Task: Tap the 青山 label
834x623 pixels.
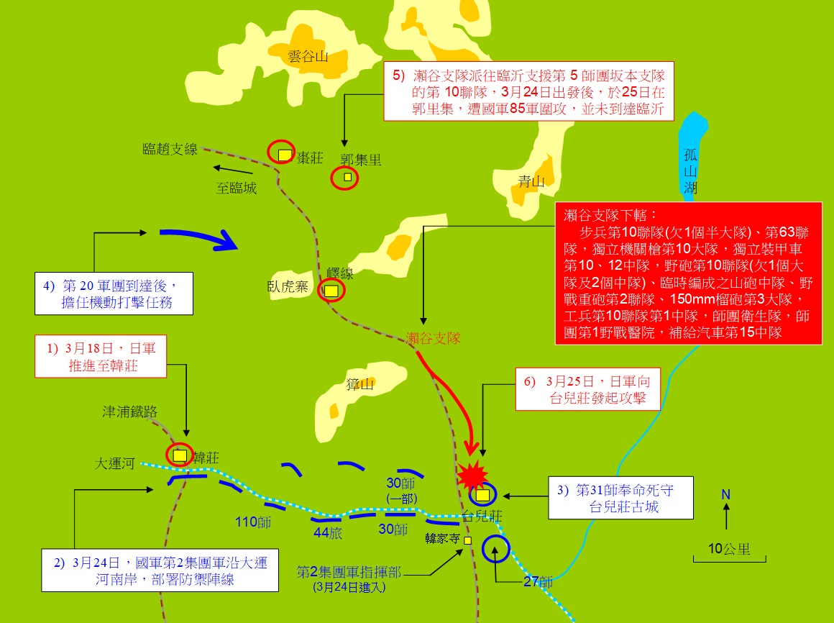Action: click(532, 182)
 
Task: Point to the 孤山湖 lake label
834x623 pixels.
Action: click(690, 171)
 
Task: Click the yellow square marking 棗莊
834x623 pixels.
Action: click(285, 154)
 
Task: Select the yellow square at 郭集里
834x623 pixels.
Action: click(348, 177)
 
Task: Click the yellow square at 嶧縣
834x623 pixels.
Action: click(331, 291)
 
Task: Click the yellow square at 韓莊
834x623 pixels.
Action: click(180, 455)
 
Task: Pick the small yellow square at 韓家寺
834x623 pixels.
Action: click(467, 540)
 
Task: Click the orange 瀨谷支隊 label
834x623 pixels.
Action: click(433, 337)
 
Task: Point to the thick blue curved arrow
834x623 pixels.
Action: click(198, 238)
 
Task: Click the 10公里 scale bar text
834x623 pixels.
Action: click(729, 549)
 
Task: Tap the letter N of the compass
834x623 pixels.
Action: click(726, 495)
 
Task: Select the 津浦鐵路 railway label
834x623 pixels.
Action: click(129, 411)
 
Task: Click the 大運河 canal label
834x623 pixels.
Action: click(114, 464)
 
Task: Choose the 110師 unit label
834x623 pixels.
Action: click(253, 522)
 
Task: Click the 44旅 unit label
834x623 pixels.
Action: click(327, 532)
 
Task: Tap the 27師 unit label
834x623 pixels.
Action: click(537, 581)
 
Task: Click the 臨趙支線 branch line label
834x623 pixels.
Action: click(170, 149)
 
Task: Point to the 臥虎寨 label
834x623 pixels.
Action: click(287, 287)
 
